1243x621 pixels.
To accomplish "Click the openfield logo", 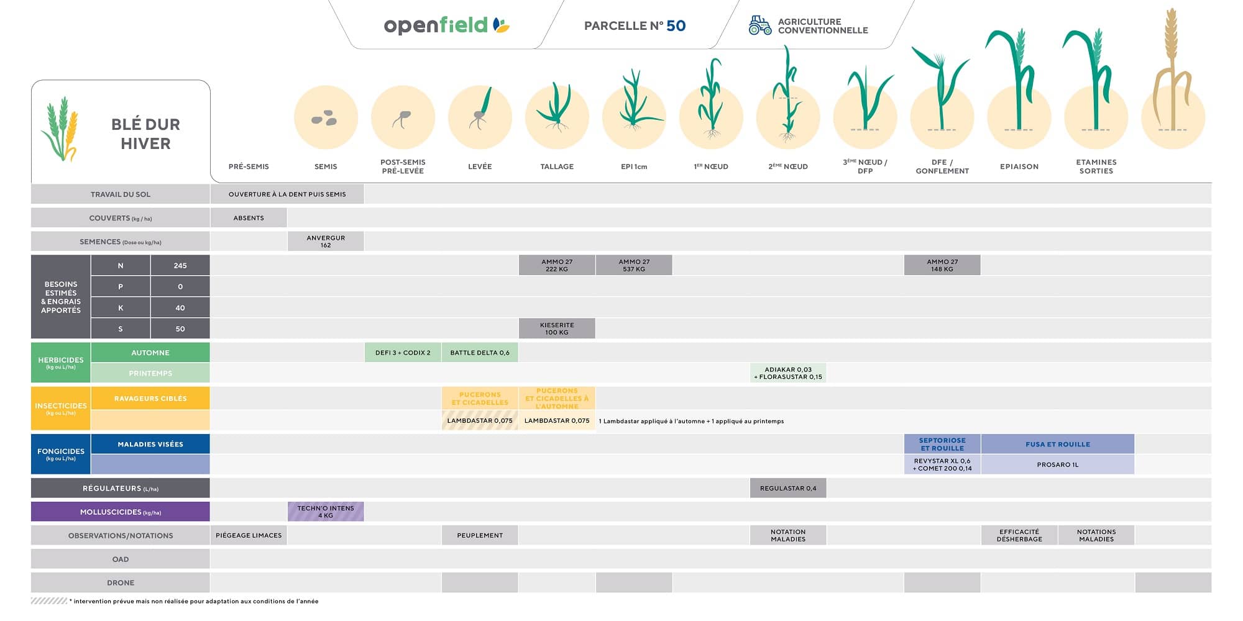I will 446,25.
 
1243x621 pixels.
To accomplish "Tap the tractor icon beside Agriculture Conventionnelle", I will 759,25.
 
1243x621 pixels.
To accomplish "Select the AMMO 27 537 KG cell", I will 634,265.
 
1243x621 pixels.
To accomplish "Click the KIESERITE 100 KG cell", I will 557,329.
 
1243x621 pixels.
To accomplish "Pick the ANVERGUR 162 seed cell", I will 326,242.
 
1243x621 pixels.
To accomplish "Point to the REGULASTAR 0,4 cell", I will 788,488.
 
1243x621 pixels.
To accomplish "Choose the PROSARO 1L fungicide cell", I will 1057,465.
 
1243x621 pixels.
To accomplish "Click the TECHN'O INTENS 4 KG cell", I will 326,512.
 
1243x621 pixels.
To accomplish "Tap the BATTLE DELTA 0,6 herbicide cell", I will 480,353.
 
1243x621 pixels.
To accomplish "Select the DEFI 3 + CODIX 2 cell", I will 403,353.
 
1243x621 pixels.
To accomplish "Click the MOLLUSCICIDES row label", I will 121,512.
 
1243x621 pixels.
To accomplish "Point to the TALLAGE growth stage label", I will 557,166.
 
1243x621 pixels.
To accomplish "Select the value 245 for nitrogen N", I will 180,266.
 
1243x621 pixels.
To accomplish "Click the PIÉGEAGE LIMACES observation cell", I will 249,535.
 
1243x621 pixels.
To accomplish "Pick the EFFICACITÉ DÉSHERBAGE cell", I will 1019,535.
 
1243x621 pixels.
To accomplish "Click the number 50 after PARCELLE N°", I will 676,25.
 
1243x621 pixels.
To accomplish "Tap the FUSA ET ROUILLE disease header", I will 1057,444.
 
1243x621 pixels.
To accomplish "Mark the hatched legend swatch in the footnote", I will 48,601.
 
